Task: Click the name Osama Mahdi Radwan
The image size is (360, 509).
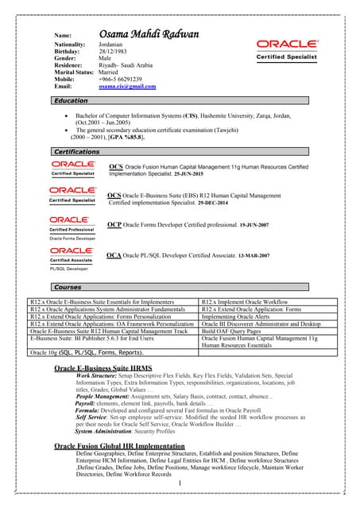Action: pyautogui.click(x=149, y=34)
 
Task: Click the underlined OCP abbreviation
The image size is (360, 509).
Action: pyautogui.click(x=114, y=224)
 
